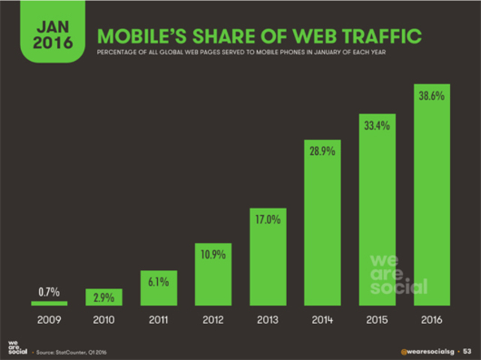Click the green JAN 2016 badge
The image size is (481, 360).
click(x=49, y=35)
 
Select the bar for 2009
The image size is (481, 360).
click(x=49, y=304)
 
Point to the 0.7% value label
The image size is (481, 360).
click(x=49, y=291)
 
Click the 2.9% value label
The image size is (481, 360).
click(x=103, y=298)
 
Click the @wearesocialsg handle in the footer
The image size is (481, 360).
click(x=425, y=349)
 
